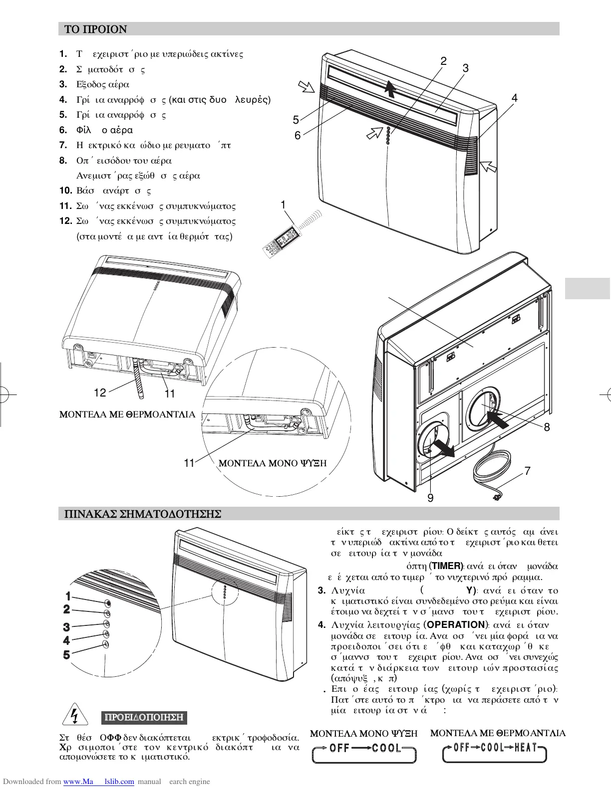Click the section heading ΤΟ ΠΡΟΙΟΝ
point(95,29)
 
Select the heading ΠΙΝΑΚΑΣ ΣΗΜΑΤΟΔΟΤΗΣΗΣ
point(140,514)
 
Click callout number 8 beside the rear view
point(547,427)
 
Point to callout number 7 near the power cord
point(527,471)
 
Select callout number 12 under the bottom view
point(100,393)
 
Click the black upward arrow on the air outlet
point(390,90)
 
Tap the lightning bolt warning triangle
point(74,716)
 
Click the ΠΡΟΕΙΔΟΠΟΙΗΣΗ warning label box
point(144,718)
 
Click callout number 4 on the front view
point(515,98)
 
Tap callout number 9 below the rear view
point(430,498)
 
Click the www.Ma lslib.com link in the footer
point(98,782)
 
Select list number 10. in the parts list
point(66,191)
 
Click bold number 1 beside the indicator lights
point(67,596)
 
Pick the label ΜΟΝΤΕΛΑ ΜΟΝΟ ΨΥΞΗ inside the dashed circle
point(273,463)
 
